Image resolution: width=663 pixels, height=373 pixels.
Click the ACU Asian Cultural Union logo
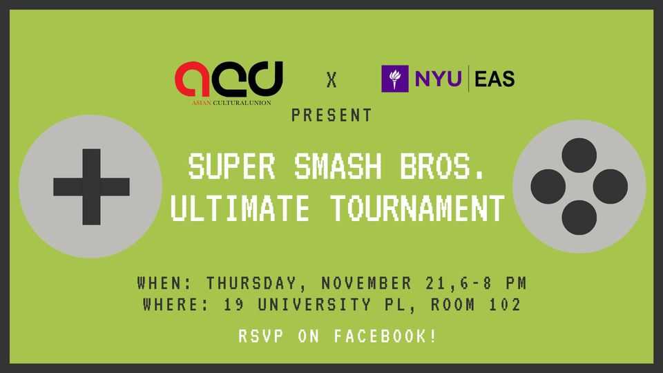point(228,82)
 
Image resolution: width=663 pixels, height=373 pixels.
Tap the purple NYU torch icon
point(394,79)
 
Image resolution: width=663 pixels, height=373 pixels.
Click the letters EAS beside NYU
point(494,79)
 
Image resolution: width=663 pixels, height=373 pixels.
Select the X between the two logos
point(332,81)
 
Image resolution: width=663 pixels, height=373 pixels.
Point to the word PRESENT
point(331,115)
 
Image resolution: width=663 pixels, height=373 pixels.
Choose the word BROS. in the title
point(439,167)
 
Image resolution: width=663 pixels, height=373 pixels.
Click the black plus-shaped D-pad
point(91,186)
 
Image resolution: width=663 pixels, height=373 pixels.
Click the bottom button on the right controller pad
point(579,216)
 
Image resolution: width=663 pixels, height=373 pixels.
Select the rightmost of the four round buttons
point(610,186)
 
